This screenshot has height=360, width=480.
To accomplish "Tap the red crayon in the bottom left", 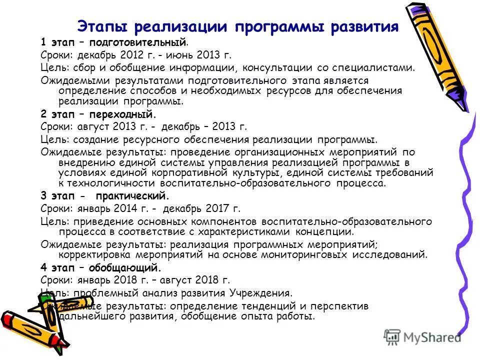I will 22,325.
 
